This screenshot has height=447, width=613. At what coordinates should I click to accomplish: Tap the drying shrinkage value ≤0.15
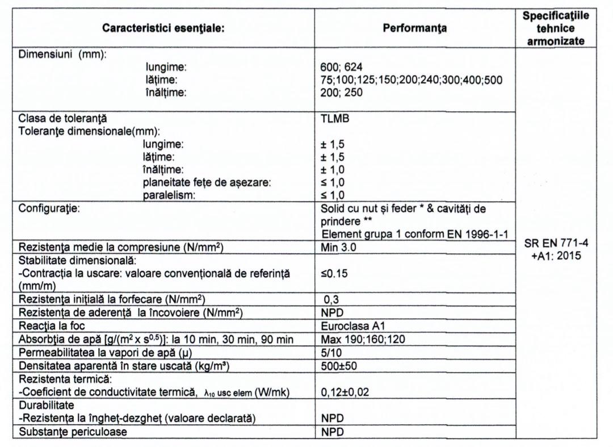point(335,273)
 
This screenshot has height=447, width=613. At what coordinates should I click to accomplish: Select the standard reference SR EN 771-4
point(555,244)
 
